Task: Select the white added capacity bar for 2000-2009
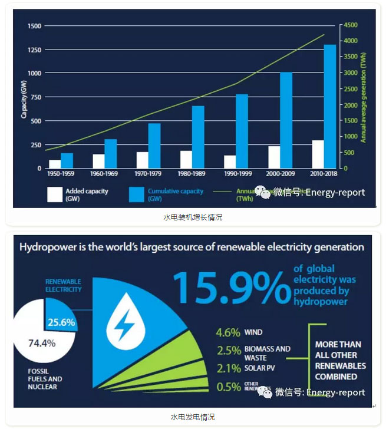point(273,157)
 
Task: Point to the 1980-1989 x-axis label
point(190,174)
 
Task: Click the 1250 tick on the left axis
point(34,49)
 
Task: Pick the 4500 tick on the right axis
point(351,25)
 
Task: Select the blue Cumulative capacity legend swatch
point(137,194)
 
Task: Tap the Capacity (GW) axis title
point(24,98)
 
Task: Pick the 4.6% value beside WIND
point(228,332)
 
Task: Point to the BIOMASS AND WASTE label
point(267,353)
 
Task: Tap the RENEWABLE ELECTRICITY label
point(64,285)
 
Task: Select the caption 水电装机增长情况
point(193,217)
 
